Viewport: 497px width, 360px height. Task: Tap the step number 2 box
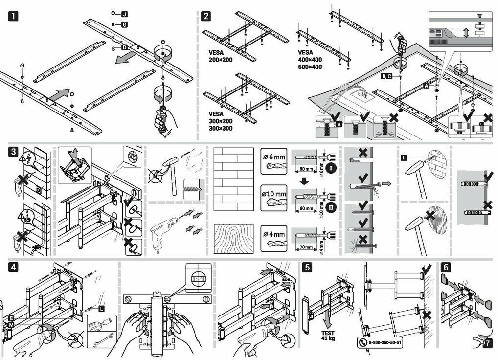(207, 16)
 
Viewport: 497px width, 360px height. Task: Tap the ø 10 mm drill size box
(275, 197)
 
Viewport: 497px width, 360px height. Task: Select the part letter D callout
(124, 47)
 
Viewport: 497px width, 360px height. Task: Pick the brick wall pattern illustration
(234, 179)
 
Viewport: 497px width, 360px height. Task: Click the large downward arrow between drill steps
(305, 181)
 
